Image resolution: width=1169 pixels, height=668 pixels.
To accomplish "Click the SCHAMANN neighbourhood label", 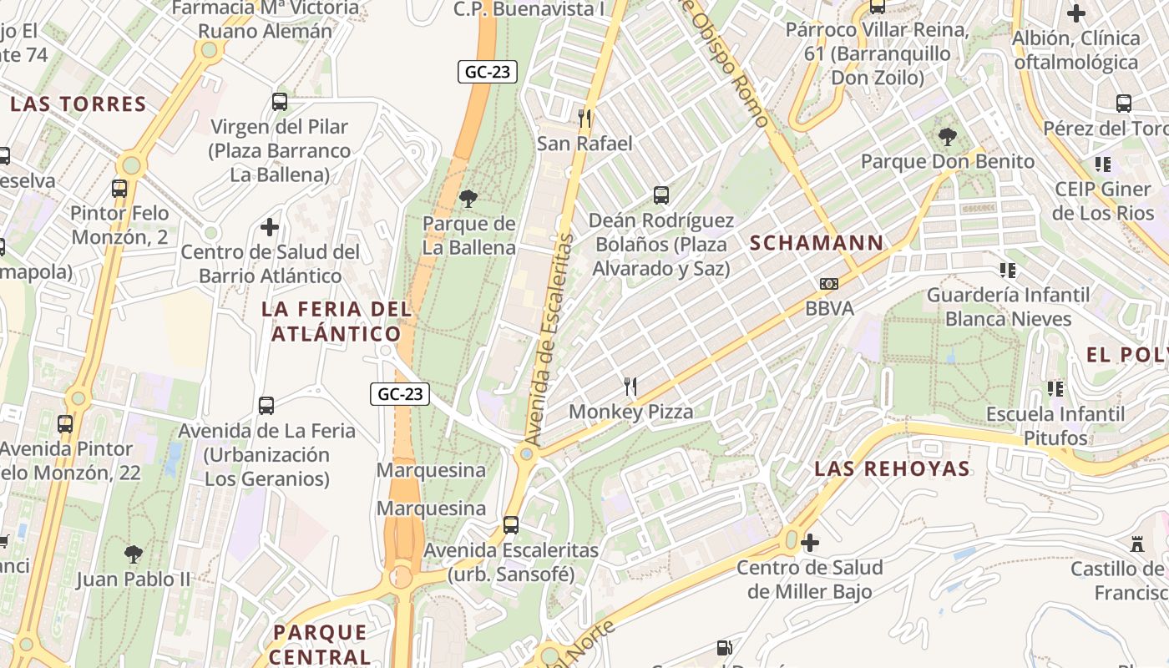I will tap(816, 243).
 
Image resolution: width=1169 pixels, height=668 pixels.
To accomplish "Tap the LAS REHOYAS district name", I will tap(892, 468).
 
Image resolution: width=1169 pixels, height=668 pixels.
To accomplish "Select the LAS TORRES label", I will tap(78, 104).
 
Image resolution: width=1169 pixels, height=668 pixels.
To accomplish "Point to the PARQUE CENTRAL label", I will tap(320, 644).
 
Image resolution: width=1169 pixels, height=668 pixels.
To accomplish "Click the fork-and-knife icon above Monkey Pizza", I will tap(630, 387).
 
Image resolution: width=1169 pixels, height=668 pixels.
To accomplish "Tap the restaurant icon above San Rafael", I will tap(584, 119).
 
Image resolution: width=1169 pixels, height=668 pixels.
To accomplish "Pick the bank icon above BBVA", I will tap(829, 284).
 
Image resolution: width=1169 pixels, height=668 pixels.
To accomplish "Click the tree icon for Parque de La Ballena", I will tap(468, 199).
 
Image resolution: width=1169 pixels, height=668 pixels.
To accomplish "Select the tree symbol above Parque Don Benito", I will tap(947, 136).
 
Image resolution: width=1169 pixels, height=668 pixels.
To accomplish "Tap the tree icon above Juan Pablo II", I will tap(133, 554).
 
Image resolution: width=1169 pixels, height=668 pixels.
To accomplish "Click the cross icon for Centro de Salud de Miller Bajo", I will tap(809, 543).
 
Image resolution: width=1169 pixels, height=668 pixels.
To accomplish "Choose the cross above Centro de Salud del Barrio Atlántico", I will tap(270, 226).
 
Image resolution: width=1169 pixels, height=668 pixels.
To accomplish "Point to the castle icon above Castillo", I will tap(1136, 544).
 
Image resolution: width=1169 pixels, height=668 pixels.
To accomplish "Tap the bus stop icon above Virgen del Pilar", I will tap(280, 102).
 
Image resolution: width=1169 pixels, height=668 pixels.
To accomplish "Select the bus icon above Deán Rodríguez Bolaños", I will tap(661, 195).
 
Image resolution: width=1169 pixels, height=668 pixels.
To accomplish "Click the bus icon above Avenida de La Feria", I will tap(266, 406).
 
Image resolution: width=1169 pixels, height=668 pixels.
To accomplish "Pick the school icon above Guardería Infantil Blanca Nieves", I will tap(1008, 270).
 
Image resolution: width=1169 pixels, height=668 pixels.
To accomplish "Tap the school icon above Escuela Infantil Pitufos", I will tap(1055, 388).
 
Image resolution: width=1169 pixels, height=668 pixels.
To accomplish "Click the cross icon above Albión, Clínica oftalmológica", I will tap(1076, 13).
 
